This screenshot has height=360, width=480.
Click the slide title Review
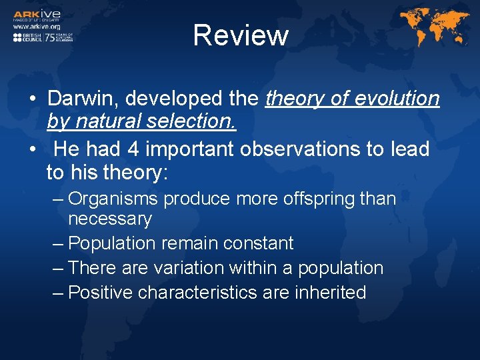240,35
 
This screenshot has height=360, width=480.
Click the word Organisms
114,199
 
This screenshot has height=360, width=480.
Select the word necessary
110,218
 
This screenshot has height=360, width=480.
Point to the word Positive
101,292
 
